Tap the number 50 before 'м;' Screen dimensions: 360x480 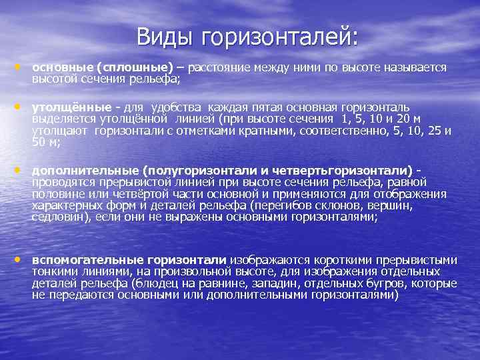tap(39, 142)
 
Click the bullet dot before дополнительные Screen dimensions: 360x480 tap(20, 169)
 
